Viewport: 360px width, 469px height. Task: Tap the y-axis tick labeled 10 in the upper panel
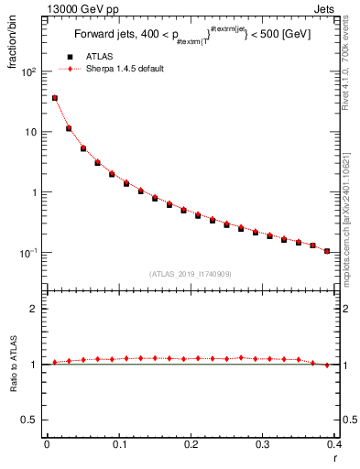click(31, 132)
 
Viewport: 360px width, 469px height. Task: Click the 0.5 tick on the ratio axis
click(30, 420)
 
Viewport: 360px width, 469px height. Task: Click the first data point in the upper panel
click(55, 98)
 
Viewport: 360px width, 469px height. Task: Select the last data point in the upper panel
click(327, 251)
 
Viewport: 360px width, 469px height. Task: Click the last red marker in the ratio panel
click(327, 365)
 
